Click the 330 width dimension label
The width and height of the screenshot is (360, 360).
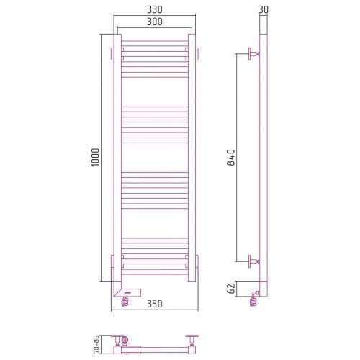[155, 9]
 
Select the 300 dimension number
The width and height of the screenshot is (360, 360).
[155, 22]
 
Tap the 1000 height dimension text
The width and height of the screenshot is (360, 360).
[95, 157]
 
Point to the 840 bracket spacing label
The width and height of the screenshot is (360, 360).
[231, 157]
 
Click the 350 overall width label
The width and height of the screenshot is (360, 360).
[155, 304]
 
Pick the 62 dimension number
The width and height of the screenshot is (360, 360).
[231, 289]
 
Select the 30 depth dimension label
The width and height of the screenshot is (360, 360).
[264, 9]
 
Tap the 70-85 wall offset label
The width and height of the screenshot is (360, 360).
[96, 344]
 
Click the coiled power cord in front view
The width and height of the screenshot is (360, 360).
[125, 301]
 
